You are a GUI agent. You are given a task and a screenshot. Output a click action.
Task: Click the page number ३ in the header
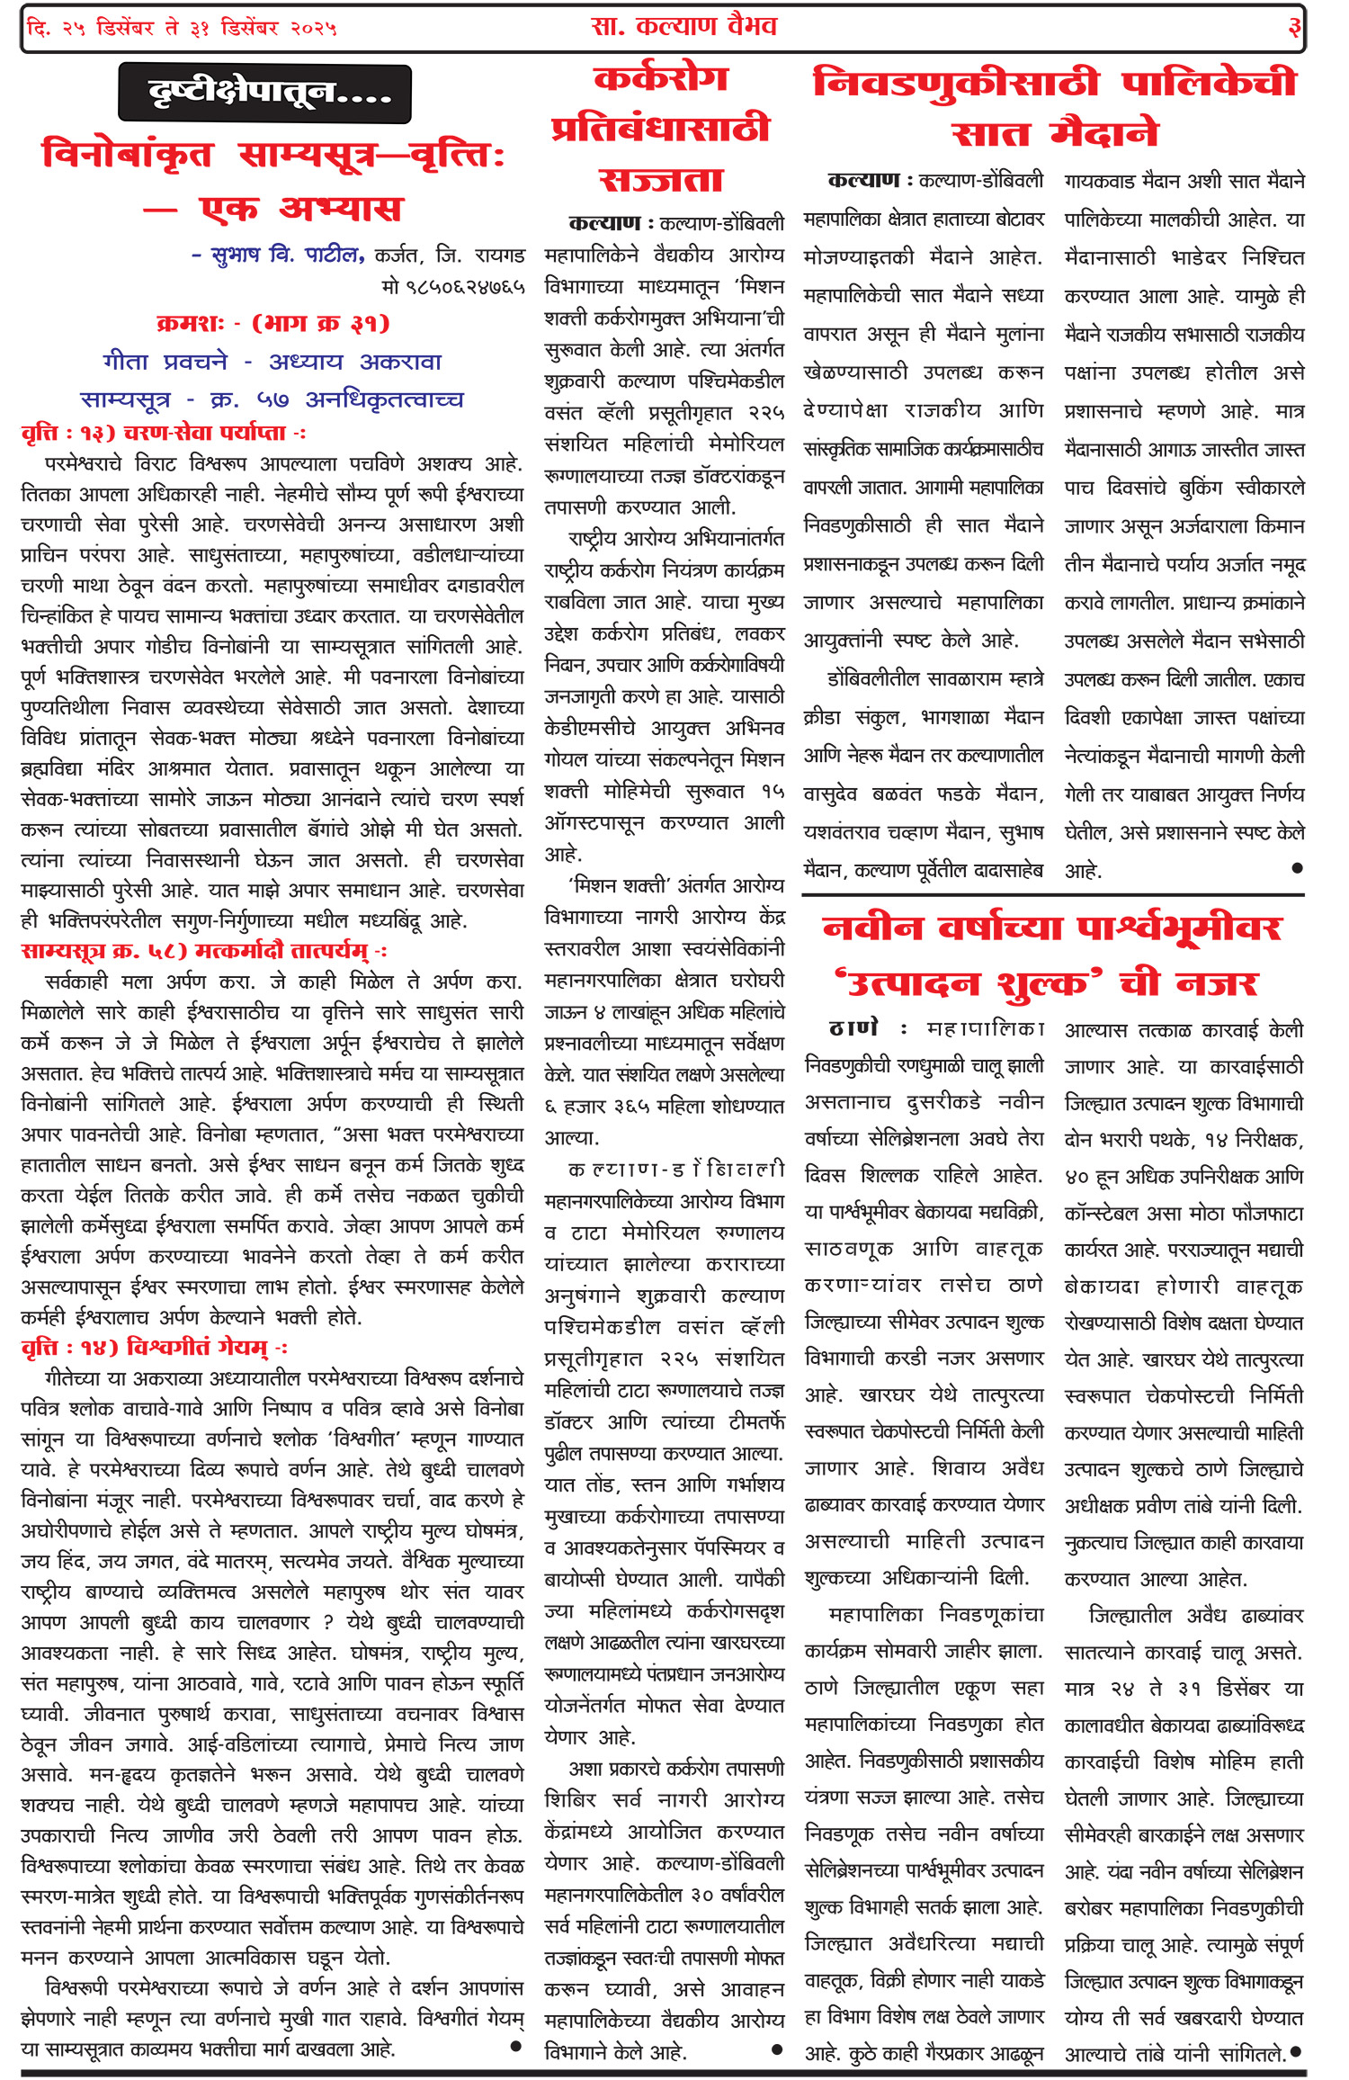click(x=1294, y=28)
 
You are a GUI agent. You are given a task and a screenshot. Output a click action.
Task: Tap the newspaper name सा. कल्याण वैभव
click(x=683, y=26)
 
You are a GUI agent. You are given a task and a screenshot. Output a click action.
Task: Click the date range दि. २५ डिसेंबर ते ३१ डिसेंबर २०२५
click(x=182, y=28)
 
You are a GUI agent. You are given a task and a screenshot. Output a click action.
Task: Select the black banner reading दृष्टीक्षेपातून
click(x=264, y=93)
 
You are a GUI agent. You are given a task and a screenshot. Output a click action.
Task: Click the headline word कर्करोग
click(x=661, y=79)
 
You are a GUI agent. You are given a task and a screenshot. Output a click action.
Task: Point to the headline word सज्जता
click(x=661, y=180)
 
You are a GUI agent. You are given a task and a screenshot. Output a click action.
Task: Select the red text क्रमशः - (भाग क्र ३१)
click(x=272, y=323)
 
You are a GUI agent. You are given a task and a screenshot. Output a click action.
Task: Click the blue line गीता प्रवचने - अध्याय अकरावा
click(x=272, y=362)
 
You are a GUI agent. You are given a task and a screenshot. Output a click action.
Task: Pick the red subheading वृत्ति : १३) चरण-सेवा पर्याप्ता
click(x=162, y=433)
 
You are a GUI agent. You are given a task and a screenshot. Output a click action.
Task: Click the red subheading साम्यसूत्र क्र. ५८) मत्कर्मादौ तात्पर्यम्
click(x=203, y=951)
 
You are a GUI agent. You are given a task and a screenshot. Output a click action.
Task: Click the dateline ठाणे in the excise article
click(x=853, y=1028)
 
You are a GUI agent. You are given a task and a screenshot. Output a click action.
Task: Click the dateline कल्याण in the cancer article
click(x=603, y=222)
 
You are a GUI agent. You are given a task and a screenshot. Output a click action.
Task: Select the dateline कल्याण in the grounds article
click(x=862, y=180)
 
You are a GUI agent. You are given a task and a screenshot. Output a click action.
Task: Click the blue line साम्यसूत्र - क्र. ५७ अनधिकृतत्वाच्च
click(x=272, y=399)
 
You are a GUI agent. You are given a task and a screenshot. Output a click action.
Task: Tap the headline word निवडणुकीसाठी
click(x=955, y=84)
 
